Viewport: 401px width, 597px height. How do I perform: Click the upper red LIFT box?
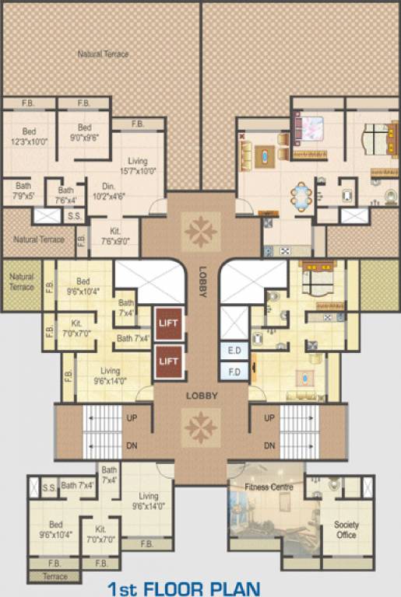click(169, 323)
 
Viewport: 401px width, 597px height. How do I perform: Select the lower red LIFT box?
click(169, 361)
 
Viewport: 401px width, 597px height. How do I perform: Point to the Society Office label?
click(346, 530)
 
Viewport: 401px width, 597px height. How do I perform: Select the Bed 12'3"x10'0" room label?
click(30, 137)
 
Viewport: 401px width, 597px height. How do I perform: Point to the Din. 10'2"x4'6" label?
click(108, 191)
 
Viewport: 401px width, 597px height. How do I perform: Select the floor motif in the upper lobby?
click(202, 230)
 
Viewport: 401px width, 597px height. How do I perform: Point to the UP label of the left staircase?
click(133, 418)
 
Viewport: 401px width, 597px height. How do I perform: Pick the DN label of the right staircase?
click(269, 445)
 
